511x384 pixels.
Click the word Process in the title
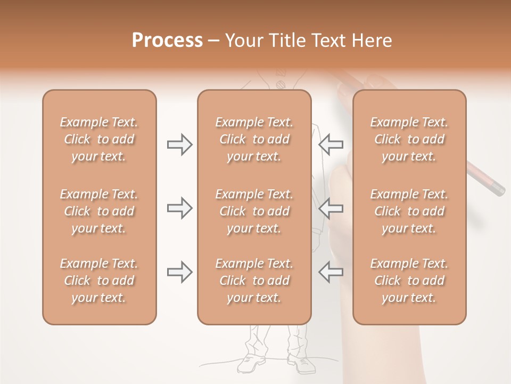pos(167,41)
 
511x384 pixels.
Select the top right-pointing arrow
pos(179,145)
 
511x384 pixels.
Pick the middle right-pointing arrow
pos(179,208)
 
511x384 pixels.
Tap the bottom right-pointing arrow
pos(179,272)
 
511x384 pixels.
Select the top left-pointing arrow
pos(331,145)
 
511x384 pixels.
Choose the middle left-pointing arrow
pos(331,208)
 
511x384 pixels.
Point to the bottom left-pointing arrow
pos(331,272)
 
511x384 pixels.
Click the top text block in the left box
pos(99,139)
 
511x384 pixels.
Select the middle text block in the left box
pos(99,211)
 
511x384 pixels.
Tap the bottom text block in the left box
pos(99,281)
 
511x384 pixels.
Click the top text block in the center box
pos(254,139)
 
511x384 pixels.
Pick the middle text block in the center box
pos(254,211)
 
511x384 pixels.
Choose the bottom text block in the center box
pos(254,281)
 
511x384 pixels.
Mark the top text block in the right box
pos(409,139)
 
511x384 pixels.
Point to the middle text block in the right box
pos(409,211)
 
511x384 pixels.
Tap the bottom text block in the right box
pos(409,281)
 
